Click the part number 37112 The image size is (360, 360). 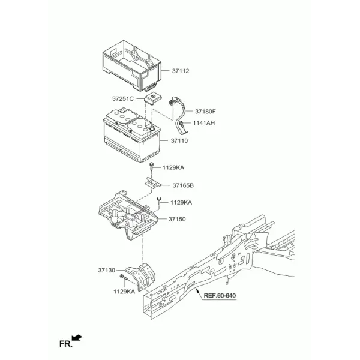[181, 71]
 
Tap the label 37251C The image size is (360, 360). [123, 99]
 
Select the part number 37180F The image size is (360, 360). [205, 112]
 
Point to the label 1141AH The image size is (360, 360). [204, 123]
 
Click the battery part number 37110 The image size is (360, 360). [179, 141]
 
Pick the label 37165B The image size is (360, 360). [183, 185]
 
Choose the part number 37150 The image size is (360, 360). [177, 219]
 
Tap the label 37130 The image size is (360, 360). [107, 270]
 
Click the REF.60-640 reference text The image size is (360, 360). [220, 295]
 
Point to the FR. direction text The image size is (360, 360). [65, 344]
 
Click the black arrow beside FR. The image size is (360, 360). [77, 338]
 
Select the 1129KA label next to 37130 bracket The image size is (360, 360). [124, 292]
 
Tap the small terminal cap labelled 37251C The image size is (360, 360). [152, 98]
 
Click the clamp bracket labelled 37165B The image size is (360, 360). [153, 183]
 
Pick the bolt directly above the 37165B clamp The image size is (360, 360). [151, 166]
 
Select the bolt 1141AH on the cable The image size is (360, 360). [181, 124]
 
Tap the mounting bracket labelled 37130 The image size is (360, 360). [142, 276]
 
